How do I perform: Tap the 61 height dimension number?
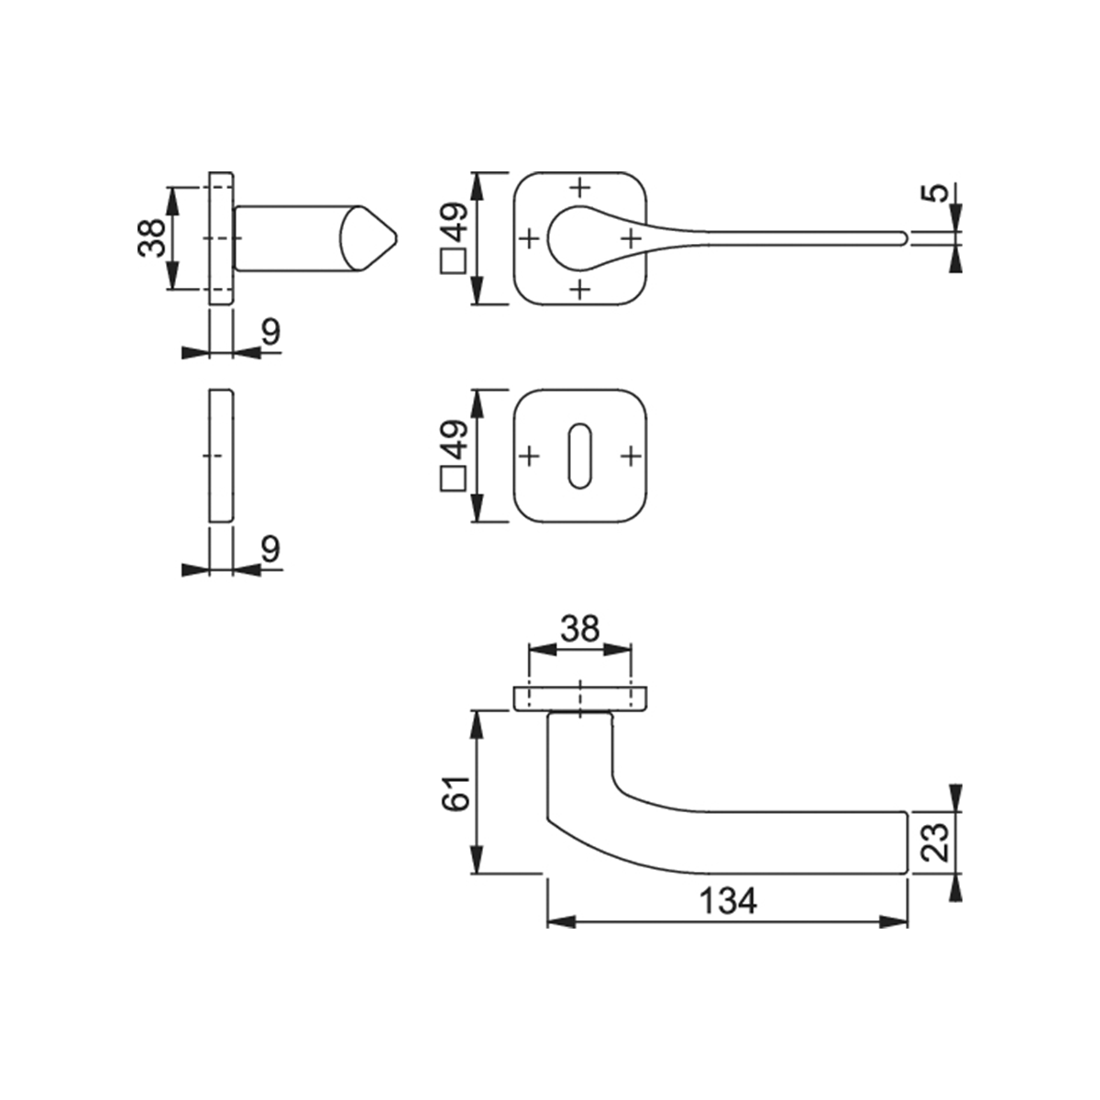[x=456, y=793]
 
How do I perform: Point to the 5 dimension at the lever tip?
[x=934, y=192]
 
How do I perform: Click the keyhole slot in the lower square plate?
[x=580, y=456]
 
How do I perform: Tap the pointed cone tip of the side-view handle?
[x=397, y=238]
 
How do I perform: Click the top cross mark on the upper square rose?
[x=580, y=187]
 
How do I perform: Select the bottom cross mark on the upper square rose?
[x=580, y=290]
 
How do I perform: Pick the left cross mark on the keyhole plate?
[x=530, y=456]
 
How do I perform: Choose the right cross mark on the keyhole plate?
[x=632, y=456]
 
